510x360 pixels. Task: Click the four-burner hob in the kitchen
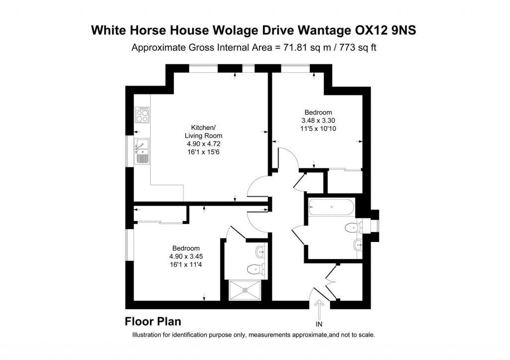click(143, 116)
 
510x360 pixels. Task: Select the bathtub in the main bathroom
click(331, 207)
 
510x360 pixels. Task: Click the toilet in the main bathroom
click(353, 228)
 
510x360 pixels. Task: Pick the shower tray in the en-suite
click(248, 290)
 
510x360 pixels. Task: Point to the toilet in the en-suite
click(255, 270)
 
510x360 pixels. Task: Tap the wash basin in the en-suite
click(260, 251)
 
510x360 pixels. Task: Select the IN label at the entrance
click(319, 324)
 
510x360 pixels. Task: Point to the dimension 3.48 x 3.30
click(318, 120)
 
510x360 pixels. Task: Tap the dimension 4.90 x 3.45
click(186, 256)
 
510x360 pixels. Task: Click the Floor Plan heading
click(152, 321)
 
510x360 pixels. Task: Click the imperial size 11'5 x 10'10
click(318, 128)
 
